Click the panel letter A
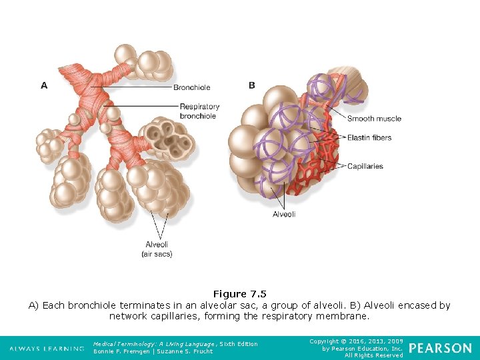44,85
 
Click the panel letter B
251,85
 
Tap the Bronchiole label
191,87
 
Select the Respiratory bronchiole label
199,111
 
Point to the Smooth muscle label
374,119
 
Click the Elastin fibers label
369,138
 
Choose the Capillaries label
365,166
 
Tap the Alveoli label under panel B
284,214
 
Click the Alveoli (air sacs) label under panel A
157,249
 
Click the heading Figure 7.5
239,294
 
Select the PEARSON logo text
440,348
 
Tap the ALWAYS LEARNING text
47,349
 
